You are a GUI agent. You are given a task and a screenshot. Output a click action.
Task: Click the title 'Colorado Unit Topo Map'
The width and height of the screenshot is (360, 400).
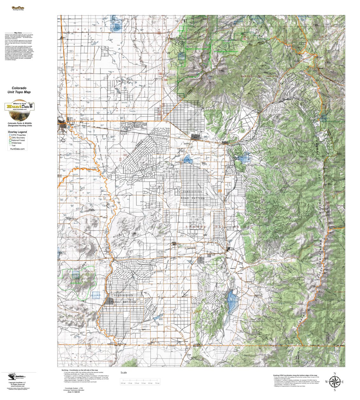19,90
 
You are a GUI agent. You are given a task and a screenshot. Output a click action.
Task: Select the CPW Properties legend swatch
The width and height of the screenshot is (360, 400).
10,135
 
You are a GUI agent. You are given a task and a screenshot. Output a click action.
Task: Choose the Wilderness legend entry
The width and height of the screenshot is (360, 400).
16,143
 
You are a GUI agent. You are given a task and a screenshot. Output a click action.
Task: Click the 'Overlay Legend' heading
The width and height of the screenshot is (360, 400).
17,132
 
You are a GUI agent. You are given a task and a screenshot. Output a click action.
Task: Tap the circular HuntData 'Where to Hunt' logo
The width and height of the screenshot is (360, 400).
19,107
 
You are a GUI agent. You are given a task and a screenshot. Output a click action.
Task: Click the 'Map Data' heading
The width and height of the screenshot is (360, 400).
18,33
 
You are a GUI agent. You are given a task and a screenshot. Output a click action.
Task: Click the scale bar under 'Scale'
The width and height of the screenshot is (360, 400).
140,380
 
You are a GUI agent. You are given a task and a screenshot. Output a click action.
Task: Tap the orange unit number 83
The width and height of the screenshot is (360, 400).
219,191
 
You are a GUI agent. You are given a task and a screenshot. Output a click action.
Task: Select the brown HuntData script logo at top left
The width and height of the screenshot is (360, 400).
18,8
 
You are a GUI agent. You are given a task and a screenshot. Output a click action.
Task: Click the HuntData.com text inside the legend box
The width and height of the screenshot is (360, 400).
17,148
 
